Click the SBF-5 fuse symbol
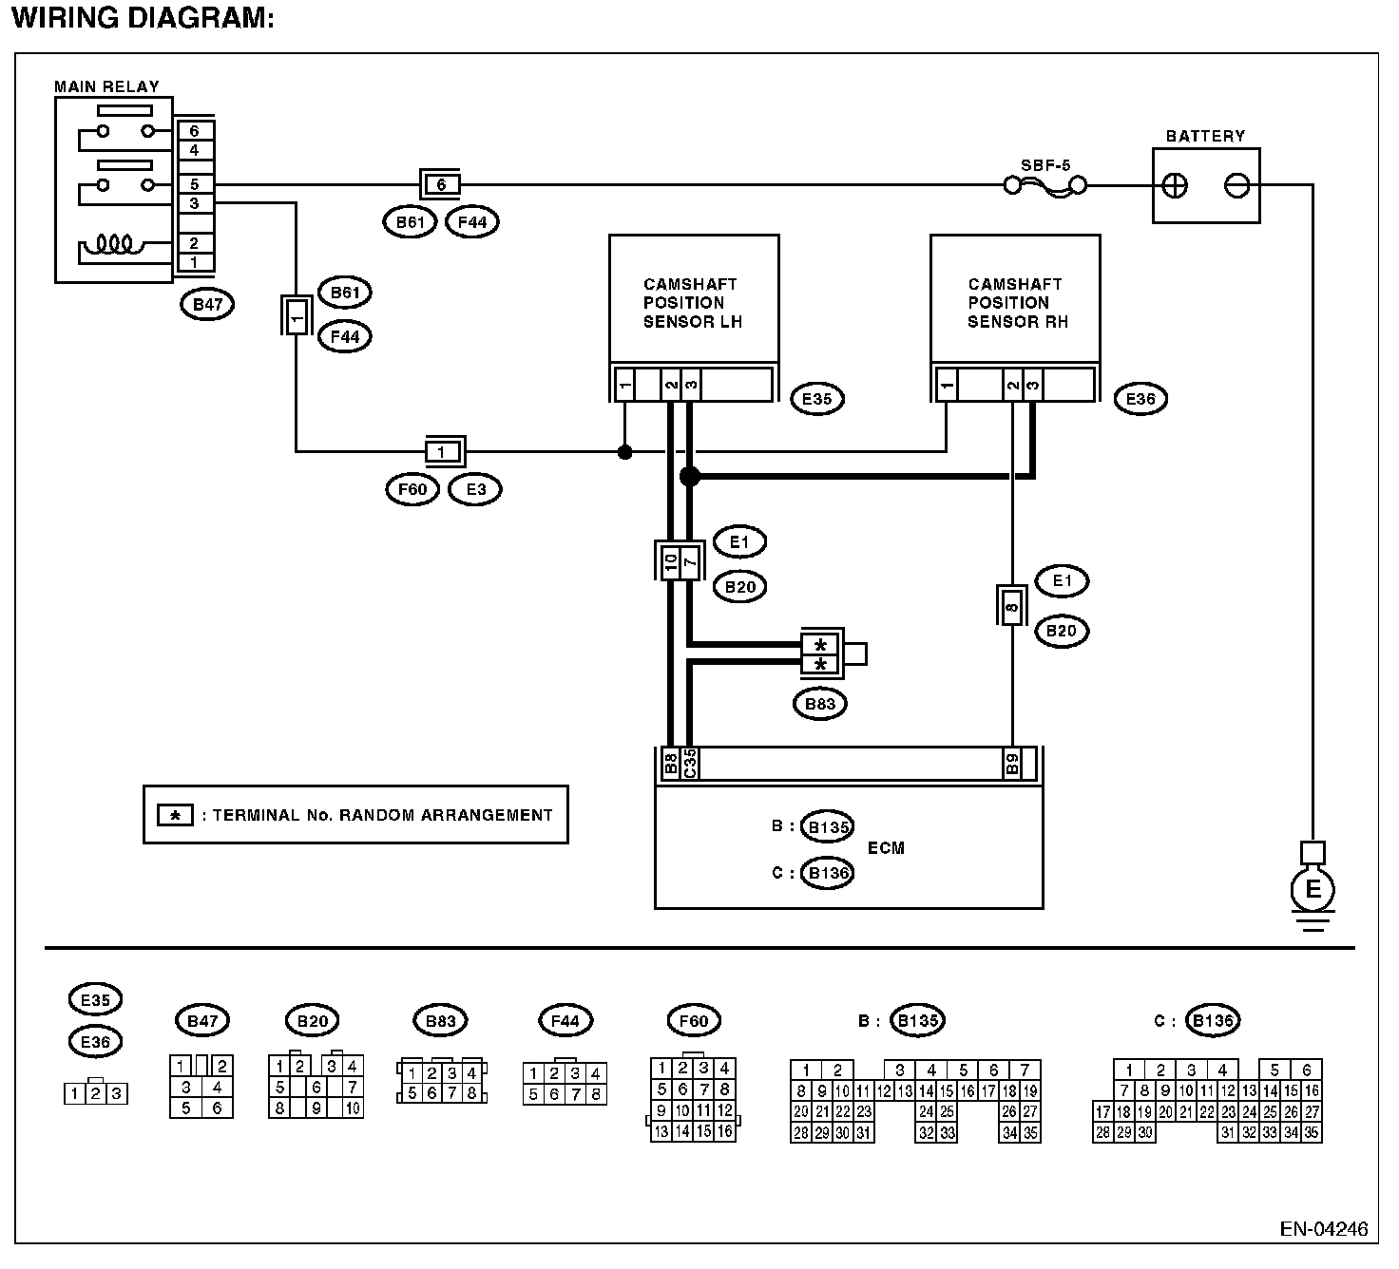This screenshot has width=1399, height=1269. coord(1044,186)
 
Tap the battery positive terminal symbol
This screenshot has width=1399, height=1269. coord(1175,186)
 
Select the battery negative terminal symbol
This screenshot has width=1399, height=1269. coord(1236,186)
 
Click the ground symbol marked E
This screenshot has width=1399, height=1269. coord(1313,890)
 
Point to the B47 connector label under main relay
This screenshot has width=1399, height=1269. coord(207,305)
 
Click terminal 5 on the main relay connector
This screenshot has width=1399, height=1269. coord(195,184)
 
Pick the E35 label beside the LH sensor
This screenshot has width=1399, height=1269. coord(816,400)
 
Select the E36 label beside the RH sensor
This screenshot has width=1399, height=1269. coord(1140,400)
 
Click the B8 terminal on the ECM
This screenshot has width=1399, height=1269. coord(670,764)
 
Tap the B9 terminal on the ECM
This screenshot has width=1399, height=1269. coord(1012,764)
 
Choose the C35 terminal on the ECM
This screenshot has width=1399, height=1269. coord(689,764)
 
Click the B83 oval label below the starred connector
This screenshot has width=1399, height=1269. coord(820,704)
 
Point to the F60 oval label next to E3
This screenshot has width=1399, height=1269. coord(412,489)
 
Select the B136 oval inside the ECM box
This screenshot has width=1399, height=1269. coord(828,873)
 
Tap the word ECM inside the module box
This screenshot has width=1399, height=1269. coord(886,848)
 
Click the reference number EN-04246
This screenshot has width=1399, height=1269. coord(1324,1228)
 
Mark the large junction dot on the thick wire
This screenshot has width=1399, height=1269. coord(690,477)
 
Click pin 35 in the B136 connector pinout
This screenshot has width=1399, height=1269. coord(1312,1133)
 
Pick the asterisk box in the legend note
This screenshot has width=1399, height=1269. coord(175,815)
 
